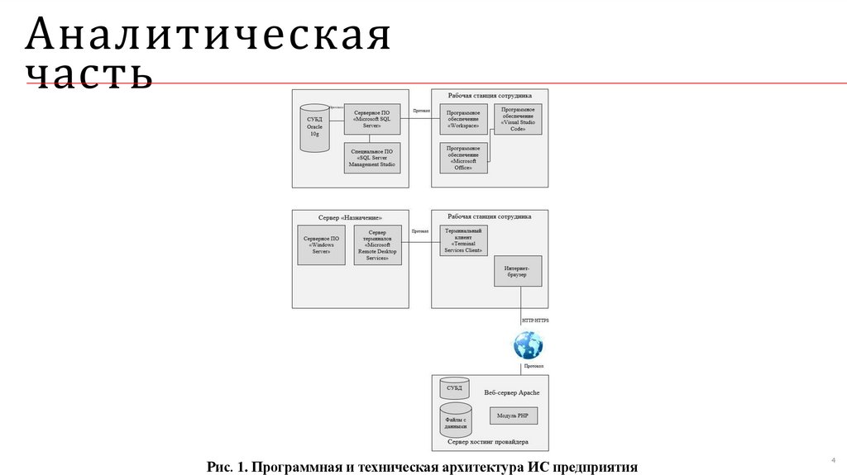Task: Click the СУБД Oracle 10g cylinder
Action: [313, 128]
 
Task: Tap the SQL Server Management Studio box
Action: [371, 157]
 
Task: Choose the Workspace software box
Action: [463, 121]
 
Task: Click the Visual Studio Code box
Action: [518, 120]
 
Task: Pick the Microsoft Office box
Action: [463, 157]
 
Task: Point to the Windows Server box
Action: [321, 245]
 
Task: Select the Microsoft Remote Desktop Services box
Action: [377, 245]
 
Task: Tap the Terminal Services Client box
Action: [464, 240]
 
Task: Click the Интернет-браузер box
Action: [518, 272]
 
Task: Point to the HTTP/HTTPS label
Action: [535, 320]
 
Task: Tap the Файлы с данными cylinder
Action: [456, 420]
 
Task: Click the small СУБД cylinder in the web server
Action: [454, 387]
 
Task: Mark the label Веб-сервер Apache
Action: [511, 392]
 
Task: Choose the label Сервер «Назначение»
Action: [350, 217]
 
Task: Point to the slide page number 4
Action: [832, 460]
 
